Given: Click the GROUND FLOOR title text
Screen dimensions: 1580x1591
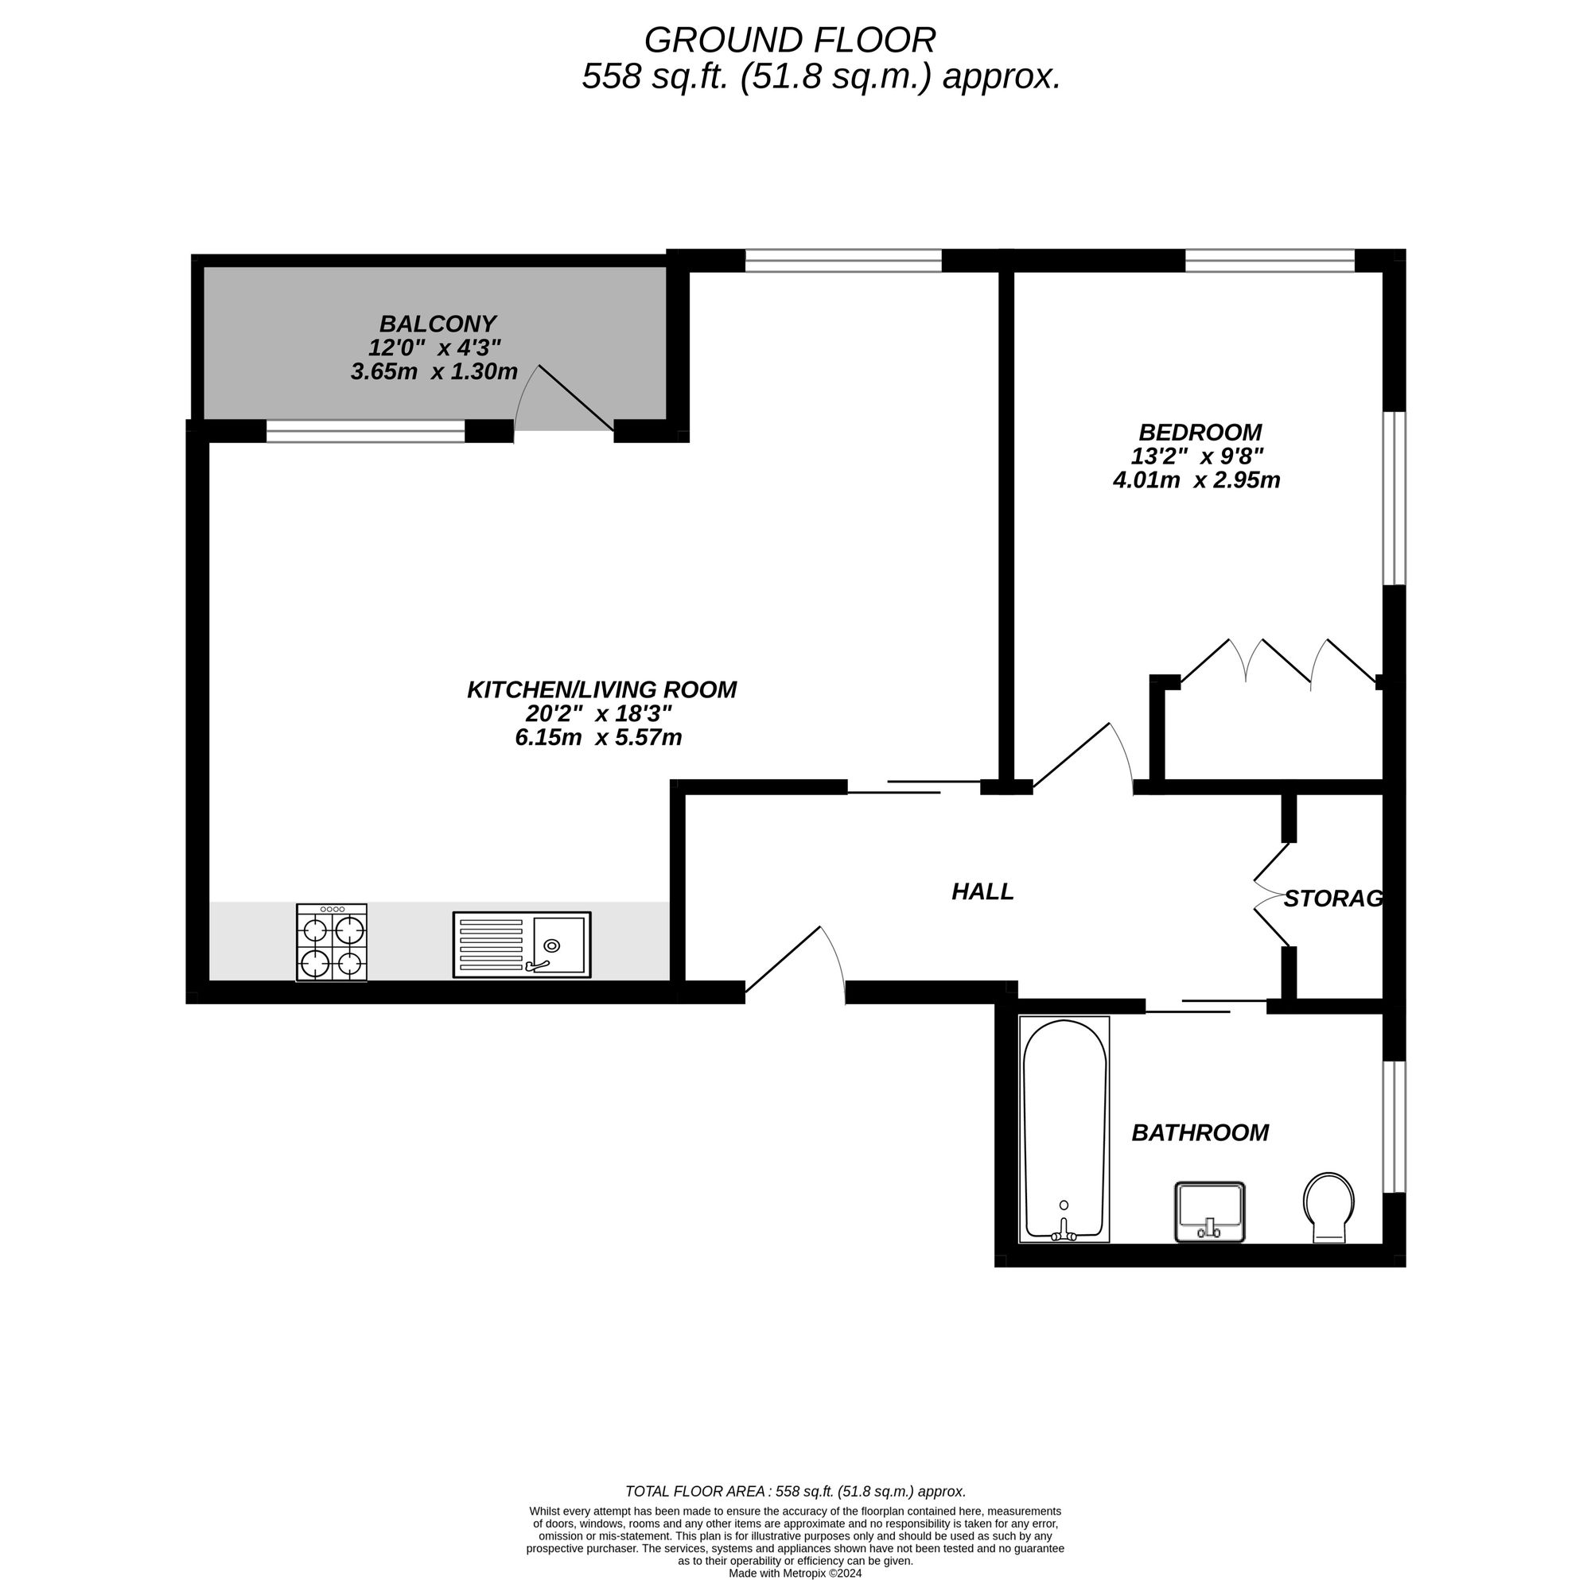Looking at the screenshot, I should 789,41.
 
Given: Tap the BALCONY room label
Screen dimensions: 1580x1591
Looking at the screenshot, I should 438,324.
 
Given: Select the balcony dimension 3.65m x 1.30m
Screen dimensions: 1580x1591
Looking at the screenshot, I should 434,372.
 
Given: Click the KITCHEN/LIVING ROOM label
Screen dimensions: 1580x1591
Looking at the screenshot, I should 601,690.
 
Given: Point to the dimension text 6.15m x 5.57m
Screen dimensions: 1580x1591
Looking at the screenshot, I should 599,738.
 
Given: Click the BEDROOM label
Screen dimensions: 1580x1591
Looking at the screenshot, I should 1199,433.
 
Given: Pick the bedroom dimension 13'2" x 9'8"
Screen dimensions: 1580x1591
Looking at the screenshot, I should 1196,456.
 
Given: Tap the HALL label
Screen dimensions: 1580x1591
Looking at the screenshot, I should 982,891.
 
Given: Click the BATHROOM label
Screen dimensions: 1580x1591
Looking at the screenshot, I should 1199,1133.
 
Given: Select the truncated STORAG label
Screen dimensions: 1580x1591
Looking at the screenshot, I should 1332,899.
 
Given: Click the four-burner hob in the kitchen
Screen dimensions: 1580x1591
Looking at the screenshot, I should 331,943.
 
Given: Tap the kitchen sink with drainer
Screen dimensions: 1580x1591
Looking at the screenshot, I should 521,945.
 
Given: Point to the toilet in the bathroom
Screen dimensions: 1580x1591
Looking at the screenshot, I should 1328,1207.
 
